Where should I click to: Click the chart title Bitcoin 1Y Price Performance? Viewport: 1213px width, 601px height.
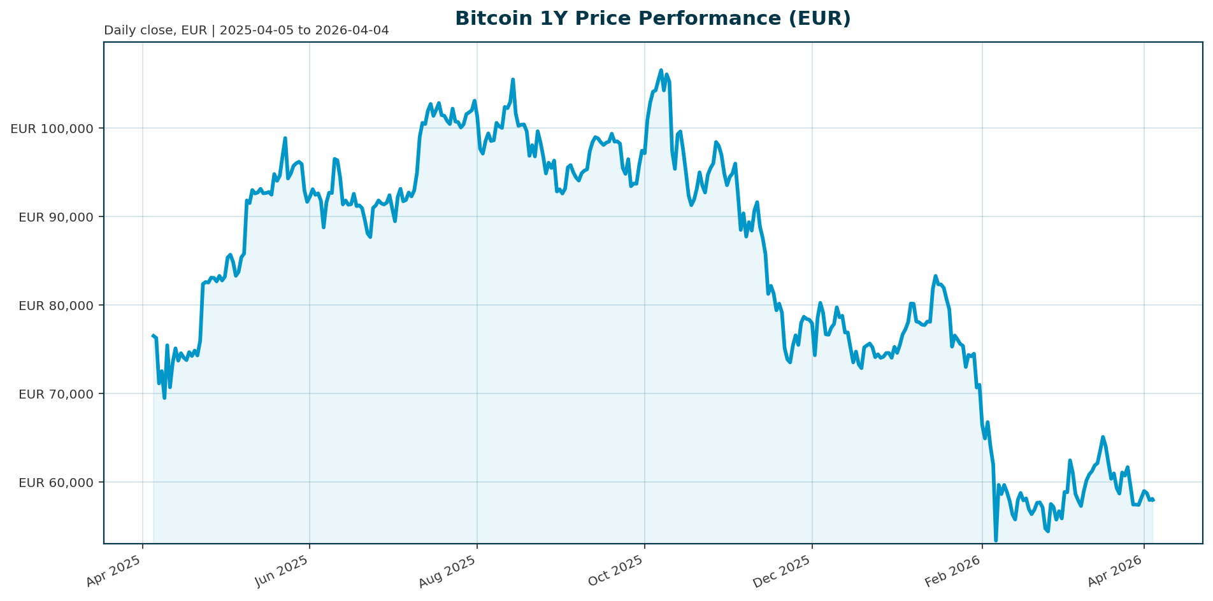click(652, 18)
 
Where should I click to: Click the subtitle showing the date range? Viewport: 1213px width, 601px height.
click(246, 31)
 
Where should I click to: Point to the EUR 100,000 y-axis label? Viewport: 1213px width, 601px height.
click(52, 129)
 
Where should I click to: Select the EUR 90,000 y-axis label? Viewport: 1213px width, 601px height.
click(56, 217)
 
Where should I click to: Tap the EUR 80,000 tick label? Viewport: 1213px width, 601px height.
click(56, 306)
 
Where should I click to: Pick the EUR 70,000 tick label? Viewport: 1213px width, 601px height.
click(56, 394)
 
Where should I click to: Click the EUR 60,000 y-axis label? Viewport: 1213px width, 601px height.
click(56, 483)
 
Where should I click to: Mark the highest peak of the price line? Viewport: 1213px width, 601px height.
click(661, 70)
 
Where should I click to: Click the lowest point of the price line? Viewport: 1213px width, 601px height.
click(996, 541)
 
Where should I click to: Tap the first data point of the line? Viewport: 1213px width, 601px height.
click(153, 336)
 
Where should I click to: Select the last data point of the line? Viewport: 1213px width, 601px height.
click(1153, 500)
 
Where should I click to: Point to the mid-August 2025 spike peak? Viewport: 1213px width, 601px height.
click(513, 80)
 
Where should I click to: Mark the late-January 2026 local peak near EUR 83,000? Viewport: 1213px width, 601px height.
click(935, 276)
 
